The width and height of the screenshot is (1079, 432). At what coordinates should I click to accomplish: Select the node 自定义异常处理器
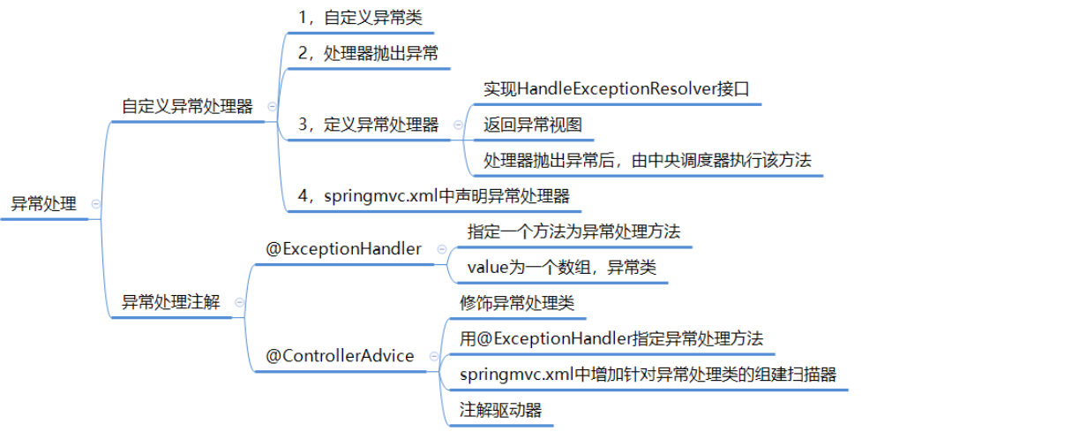(x=187, y=107)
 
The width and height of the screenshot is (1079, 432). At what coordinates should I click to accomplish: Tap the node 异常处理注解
(x=170, y=302)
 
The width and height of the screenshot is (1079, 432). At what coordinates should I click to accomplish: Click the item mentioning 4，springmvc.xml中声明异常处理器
(x=433, y=195)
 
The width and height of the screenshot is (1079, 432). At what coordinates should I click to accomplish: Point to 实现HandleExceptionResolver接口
(x=617, y=89)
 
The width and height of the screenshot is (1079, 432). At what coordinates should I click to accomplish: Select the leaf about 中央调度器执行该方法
(x=648, y=160)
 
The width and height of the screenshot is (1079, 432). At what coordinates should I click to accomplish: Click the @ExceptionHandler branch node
(x=344, y=249)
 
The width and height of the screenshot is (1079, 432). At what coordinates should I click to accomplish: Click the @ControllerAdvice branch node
(x=341, y=356)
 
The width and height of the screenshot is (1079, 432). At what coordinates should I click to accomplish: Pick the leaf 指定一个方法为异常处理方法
(x=573, y=231)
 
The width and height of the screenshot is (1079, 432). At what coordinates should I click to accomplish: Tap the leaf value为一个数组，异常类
(x=562, y=267)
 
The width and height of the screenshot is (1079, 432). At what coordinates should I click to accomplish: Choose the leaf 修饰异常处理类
(x=517, y=303)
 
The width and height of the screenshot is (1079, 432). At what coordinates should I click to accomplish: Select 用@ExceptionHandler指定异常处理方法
(x=611, y=338)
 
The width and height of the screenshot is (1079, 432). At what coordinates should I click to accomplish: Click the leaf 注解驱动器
(x=500, y=409)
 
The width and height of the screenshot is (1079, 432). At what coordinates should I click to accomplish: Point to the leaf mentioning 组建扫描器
(x=648, y=374)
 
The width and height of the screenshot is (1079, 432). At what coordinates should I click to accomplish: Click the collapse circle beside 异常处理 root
(x=96, y=204)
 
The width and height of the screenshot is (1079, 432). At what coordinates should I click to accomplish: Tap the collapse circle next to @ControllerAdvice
(x=433, y=356)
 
